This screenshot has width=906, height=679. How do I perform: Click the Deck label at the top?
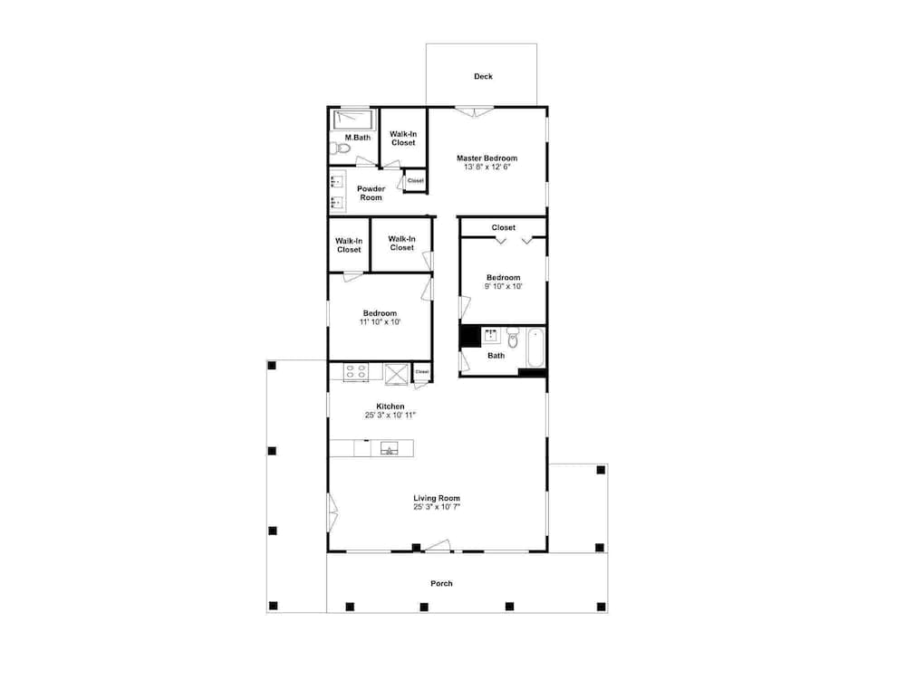[483, 77]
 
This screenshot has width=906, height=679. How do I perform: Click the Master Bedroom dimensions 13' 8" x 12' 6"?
[487, 167]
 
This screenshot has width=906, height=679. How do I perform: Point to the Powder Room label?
[371, 193]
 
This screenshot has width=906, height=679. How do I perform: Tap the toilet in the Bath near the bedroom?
[512, 339]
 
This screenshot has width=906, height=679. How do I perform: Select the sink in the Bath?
[491, 337]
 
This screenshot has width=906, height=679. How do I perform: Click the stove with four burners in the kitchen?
[355, 371]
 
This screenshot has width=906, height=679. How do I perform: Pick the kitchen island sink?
[390, 447]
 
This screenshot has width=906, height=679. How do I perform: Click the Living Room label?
[437, 498]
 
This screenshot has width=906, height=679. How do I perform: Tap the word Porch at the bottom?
[441, 583]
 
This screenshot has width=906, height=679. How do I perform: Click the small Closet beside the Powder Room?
[415, 180]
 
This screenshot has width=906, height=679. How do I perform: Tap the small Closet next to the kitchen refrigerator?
[421, 371]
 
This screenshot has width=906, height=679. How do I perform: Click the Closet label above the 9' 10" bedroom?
[503, 227]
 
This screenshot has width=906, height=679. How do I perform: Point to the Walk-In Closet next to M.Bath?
[403, 138]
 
